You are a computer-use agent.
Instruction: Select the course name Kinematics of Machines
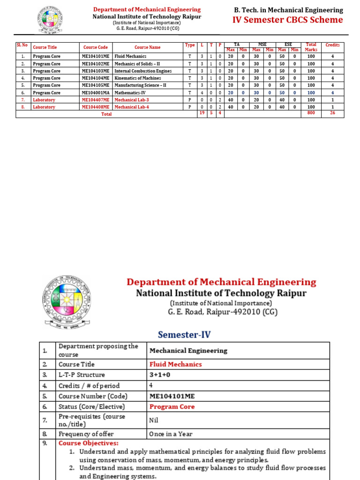[137, 78]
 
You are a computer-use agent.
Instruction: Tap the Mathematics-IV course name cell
[130, 93]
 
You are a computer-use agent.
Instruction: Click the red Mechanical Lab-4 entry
[132, 107]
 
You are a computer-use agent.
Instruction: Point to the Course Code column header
[95, 47]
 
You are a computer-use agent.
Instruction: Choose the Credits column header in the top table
[332, 45]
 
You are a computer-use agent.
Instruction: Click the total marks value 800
[311, 113]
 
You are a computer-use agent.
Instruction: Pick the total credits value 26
[332, 113]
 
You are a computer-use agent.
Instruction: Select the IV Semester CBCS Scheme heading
[288, 20]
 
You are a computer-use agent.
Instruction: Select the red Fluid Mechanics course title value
[175, 364]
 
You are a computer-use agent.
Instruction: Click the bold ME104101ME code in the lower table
[172, 396]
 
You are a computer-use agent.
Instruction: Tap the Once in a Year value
[171, 434]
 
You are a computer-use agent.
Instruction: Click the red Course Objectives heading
[89, 443]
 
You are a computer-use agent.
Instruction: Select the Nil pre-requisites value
[154, 420]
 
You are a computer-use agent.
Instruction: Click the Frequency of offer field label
[86, 434]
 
